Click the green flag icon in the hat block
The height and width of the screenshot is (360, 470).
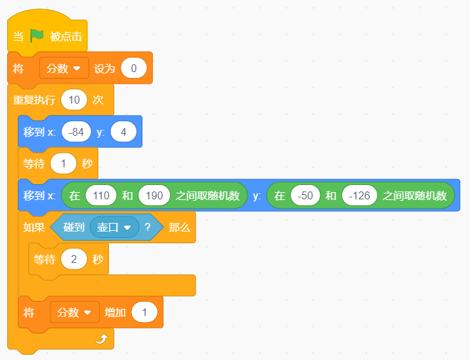tap(37, 36)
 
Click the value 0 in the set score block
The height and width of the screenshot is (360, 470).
tap(134, 68)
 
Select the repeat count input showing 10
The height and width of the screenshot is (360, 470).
tap(74, 100)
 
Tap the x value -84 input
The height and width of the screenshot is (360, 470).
tap(76, 132)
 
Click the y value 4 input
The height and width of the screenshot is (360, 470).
tap(123, 132)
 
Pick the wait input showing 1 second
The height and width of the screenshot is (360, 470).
tap(63, 163)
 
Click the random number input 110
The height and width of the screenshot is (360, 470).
tap(101, 195)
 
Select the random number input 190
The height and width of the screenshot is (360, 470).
tap(154, 195)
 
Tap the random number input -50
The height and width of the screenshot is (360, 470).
tap(305, 195)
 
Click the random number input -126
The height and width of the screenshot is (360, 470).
tap(360, 195)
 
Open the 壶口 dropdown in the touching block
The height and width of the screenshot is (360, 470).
tap(114, 228)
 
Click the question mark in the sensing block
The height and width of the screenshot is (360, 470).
tap(147, 228)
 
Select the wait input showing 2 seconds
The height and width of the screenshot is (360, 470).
tap(74, 259)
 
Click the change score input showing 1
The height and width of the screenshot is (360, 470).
tap(144, 312)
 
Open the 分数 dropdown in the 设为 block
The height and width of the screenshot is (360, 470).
tap(64, 68)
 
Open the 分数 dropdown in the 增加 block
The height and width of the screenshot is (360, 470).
tap(75, 312)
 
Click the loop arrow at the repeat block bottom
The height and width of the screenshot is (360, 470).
tap(102, 339)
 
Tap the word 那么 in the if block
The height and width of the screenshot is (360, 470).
tap(180, 228)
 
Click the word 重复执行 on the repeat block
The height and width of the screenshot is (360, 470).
tap(34, 100)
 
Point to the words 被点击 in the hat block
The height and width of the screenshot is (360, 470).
tap(66, 36)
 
